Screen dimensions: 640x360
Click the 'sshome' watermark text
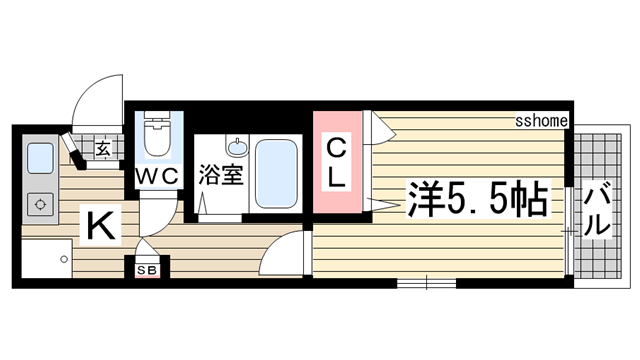tap(542, 121)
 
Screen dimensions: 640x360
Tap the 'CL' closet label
tap(337, 164)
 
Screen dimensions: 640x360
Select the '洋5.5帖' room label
tap(478, 201)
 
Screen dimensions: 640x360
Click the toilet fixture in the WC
tap(157, 136)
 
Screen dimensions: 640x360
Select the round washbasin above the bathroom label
tap(238, 147)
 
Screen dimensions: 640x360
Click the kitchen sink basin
tap(40, 158)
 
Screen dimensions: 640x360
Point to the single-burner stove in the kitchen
tap(40, 205)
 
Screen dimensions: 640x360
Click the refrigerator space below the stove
tap(42, 262)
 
